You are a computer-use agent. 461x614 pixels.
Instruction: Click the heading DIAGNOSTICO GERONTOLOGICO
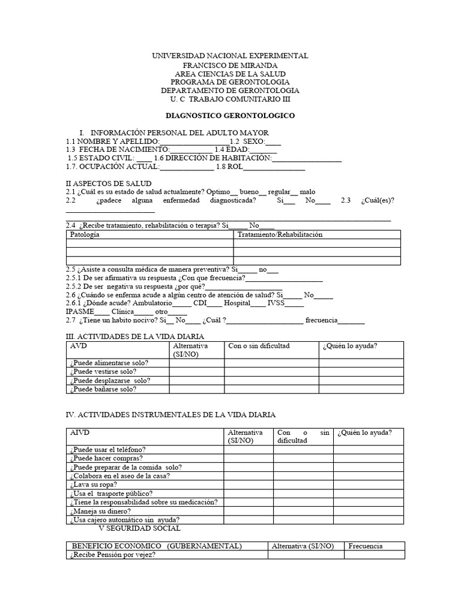point(230,115)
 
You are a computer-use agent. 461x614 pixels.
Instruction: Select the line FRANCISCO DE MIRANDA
point(230,65)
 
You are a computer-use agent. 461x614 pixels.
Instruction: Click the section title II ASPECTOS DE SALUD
point(108,183)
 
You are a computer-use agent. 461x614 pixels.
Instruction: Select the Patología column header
point(85,234)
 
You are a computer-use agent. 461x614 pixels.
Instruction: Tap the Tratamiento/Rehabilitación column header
point(280,234)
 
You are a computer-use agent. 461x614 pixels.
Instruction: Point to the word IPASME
point(79,312)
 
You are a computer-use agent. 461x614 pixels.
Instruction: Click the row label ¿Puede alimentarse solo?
point(109,363)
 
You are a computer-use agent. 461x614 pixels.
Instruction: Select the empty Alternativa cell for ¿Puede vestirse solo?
point(196,372)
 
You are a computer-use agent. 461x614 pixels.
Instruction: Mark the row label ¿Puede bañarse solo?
point(103,389)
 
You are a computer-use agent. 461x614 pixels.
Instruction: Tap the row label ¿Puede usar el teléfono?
point(107,450)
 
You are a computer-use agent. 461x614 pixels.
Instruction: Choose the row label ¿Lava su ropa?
point(93,484)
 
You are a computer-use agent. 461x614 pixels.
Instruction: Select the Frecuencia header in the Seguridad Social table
point(365,546)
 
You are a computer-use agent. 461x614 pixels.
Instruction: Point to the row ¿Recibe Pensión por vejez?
point(113,555)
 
